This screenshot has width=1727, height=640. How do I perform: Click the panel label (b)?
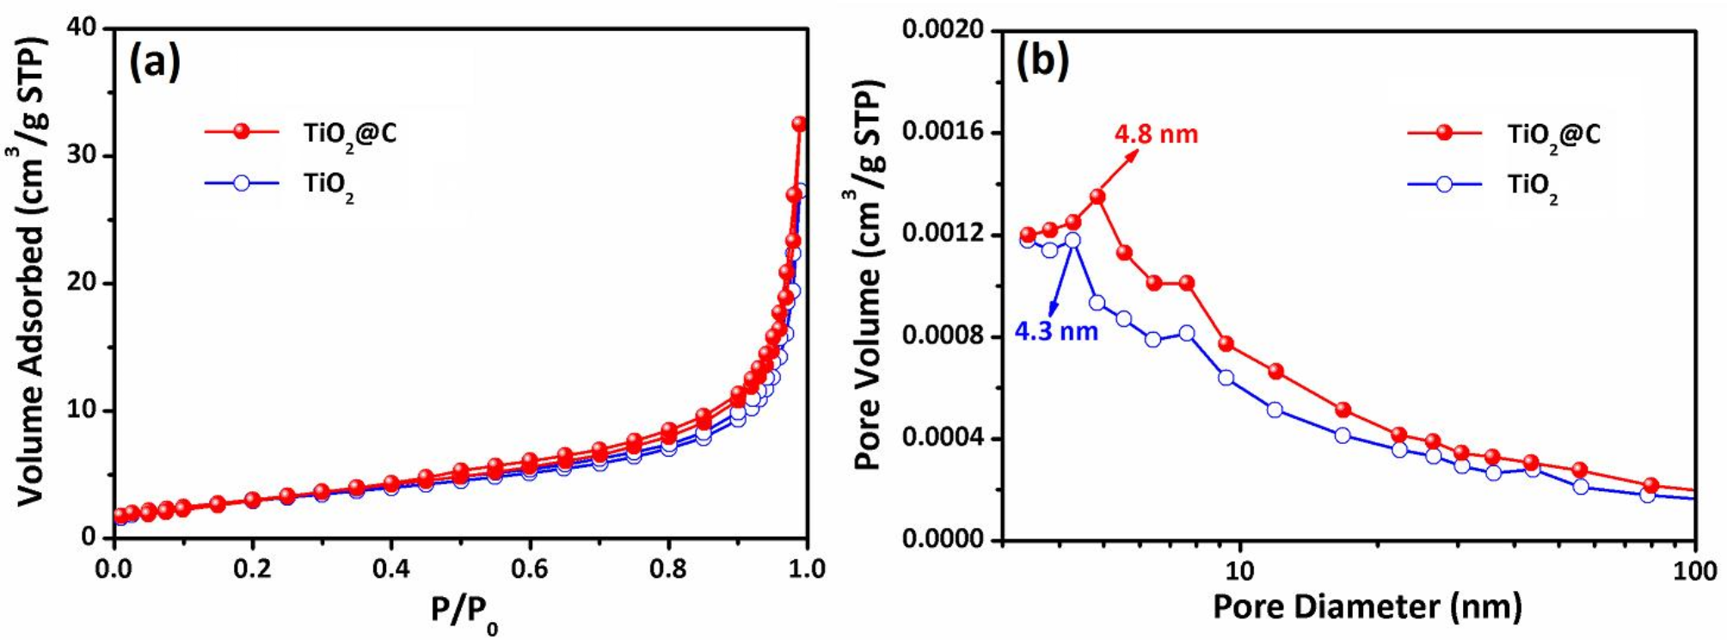1042,61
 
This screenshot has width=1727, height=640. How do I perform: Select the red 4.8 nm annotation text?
1156,135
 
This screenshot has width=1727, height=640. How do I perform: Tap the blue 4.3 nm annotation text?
1056,331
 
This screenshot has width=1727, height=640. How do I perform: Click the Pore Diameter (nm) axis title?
1367,606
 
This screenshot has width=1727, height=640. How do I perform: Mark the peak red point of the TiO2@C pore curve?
1097,197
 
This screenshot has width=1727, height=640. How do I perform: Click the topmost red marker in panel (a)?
799,125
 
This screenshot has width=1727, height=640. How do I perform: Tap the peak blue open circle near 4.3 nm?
1072,240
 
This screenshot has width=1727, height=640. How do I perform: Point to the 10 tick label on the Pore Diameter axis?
1239,569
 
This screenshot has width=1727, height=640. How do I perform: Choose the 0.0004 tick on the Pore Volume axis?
943,439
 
